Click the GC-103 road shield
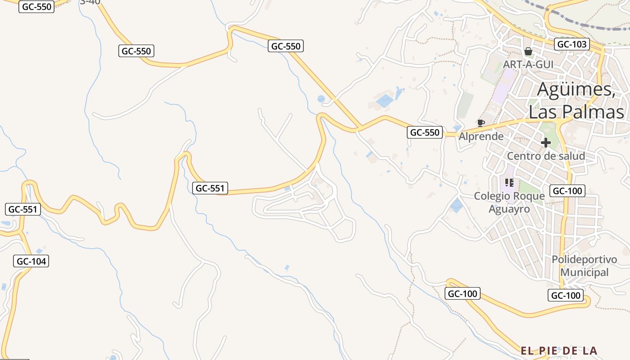click(572, 44)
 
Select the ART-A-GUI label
click(528, 64)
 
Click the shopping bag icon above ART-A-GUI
click(528, 51)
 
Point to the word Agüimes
click(576, 89)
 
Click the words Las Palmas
click(576, 112)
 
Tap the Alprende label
click(481, 136)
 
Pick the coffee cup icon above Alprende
click(481, 123)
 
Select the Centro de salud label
click(546, 156)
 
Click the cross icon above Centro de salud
click(546, 143)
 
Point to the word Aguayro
click(509, 209)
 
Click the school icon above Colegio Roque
click(509, 182)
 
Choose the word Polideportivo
click(584, 260)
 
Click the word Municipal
click(584, 272)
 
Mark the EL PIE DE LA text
click(559, 350)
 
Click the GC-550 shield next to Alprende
click(425, 132)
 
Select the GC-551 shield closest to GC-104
click(23, 209)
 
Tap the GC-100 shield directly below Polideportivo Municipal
click(566, 296)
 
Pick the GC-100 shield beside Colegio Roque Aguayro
click(568, 191)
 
